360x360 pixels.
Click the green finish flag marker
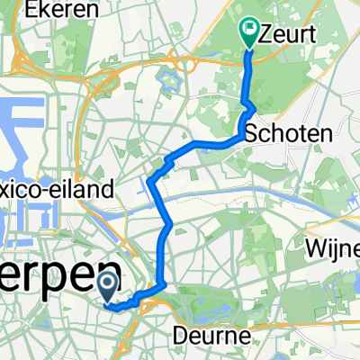(249, 34)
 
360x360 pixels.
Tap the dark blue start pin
(107, 288)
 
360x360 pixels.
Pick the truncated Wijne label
(332, 246)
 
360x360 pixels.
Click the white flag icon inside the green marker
(249, 30)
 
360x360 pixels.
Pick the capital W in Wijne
(315, 246)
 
